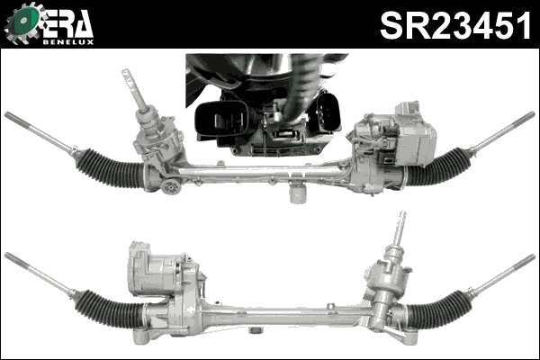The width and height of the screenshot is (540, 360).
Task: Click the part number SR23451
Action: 455,25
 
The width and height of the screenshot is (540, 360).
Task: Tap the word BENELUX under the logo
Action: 68,42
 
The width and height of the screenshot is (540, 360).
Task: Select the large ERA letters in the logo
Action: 67,23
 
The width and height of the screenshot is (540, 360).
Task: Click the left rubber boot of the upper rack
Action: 109,168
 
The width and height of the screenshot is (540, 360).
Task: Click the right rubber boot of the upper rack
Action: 439,166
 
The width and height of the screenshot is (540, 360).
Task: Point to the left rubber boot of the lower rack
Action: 108,309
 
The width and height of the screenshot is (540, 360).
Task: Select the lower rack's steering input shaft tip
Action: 402,216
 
